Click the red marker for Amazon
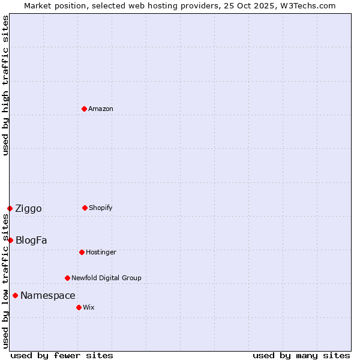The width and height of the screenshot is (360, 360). [84, 109]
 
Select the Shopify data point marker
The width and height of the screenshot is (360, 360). [85, 208]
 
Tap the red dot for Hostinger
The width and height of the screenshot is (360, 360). [82, 252]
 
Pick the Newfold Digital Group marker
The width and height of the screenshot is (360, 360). [67, 278]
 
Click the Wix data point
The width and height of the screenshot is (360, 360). [79, 307]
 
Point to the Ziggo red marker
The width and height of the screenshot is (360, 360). [10, 208]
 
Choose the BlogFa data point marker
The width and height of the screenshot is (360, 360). [10, 240]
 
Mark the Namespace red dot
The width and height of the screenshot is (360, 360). [15, 295]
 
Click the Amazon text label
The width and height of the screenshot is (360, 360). [101, 109]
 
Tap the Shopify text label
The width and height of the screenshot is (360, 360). [101, 208]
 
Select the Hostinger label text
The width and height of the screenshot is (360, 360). [101, 252]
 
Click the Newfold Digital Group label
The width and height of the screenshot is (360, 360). [107, 278]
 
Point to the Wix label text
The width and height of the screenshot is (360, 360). [89, 307]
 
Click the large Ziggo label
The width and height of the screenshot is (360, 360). [29, 209]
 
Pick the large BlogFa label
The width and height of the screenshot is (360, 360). [31, 241]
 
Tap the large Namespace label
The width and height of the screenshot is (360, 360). [48, 296]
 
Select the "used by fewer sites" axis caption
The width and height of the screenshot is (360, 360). [62, 355]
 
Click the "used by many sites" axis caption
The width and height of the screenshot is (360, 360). [301, 355]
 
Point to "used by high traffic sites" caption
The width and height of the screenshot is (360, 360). [6, 85]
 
